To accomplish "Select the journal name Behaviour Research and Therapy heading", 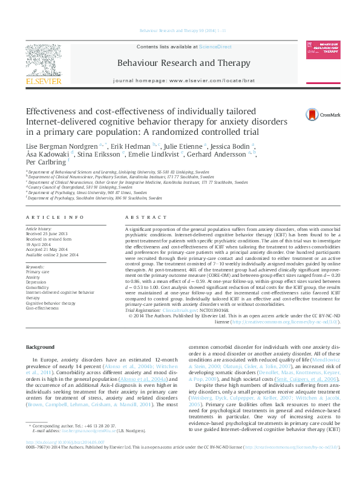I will pyautogui.click(x=183, y=63).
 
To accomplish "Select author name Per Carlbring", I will pyautogui.click(x=45, y=162).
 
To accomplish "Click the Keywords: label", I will pyautogui.click(x=35, y=267).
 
